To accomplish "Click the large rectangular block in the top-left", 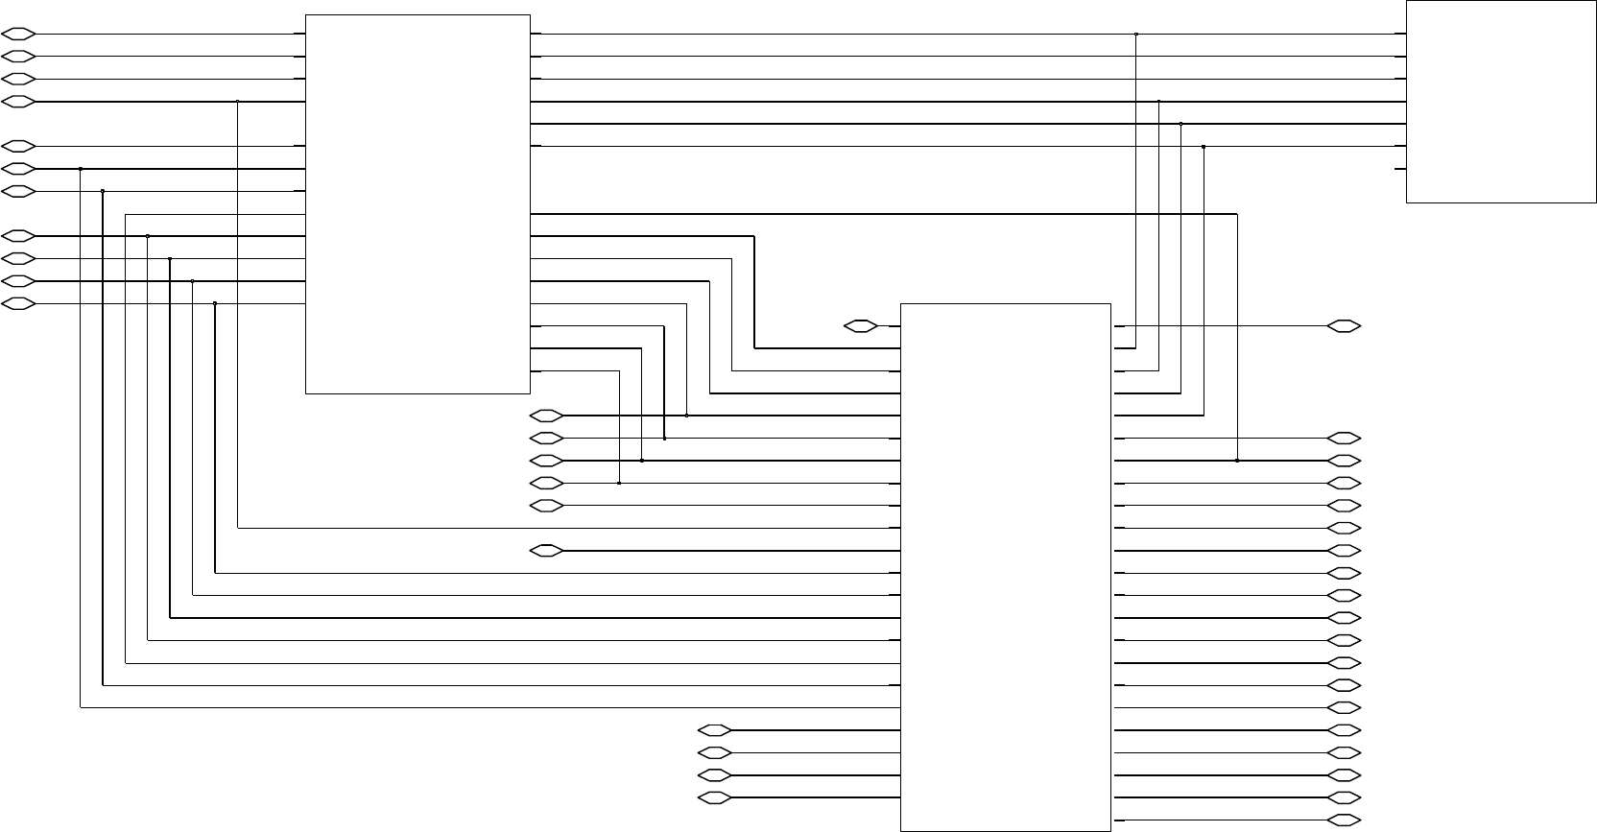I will pos(417,203).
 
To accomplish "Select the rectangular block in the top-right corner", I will pos(1501,102).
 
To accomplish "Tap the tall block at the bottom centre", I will pos(1006,566).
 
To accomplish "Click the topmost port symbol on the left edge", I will pos(20,34).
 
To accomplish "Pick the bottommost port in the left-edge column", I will pos(20,304).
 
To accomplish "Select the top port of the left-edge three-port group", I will pos(20,147).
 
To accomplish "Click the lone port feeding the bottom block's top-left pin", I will pos(861,326).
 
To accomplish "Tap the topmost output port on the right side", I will pos(1344,326).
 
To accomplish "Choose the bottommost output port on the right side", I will pos(1344,820).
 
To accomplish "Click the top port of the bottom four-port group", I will pos(715,730).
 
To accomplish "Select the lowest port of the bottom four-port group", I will pos(715,798).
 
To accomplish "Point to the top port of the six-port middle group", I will pos(547,416).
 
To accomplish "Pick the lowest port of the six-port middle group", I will pos(547,551).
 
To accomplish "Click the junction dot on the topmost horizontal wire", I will pos(1136,34).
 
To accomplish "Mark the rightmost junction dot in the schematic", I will pos(1237,461).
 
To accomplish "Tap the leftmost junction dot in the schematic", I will pos(81,169).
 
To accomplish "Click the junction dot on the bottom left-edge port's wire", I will pos(215,303).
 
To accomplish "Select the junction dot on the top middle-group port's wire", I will pos(687,416).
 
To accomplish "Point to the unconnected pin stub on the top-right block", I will pos(1400,169).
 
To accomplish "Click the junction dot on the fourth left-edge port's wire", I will pos(237,102).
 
